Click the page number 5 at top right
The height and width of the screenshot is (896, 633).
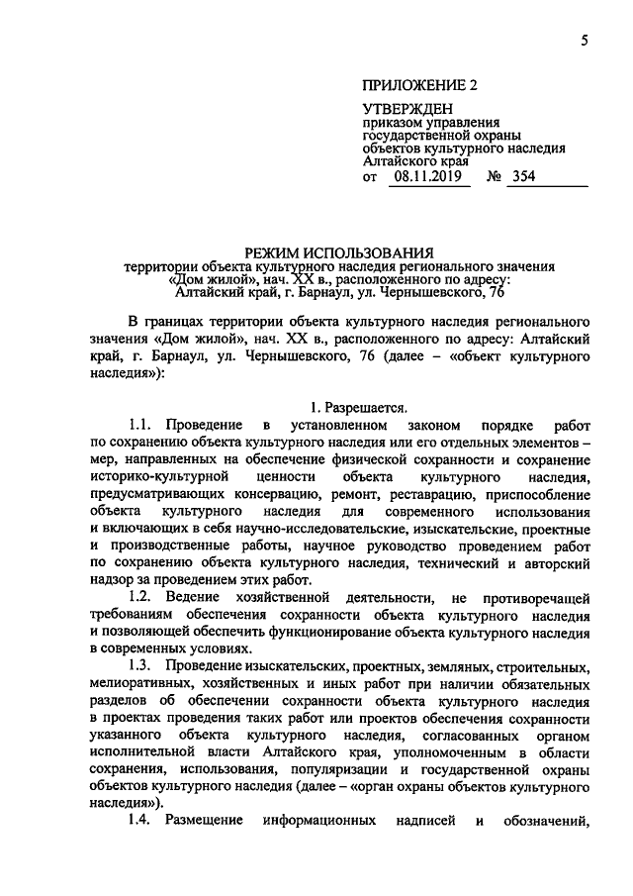tap(584, 40)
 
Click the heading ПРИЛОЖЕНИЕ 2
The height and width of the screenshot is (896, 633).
tap(420, 85)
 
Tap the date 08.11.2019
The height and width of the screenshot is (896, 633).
tap(426, 177)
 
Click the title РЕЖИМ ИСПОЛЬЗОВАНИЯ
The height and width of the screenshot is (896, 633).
tap(339, 252)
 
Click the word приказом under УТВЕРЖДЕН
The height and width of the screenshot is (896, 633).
tap(392, 123)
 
